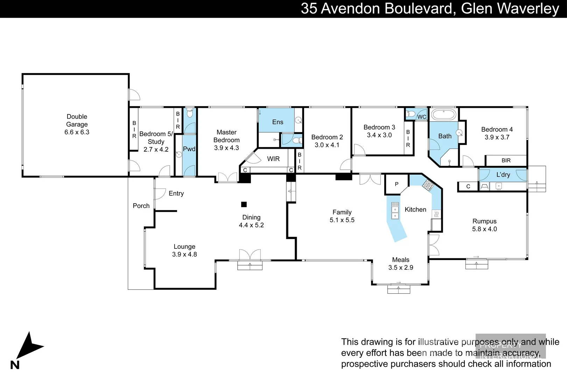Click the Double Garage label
[77, 120]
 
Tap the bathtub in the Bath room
[443, 114]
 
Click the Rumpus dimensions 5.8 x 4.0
[484, 229]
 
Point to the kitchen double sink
[395, 211]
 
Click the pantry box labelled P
[397, 184]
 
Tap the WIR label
[273, 159]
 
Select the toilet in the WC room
[411, 114]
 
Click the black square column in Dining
[244, 204]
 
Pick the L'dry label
[503, 175]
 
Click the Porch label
[141, 206]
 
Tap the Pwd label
[189, 149]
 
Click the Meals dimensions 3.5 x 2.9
[400, 268]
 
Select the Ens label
[278, 122]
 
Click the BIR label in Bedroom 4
[506, 161]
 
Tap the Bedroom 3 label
[379, 127]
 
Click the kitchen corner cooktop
[428, 184]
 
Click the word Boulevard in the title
[419, 8]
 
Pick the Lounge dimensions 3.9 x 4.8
[184, 254]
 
